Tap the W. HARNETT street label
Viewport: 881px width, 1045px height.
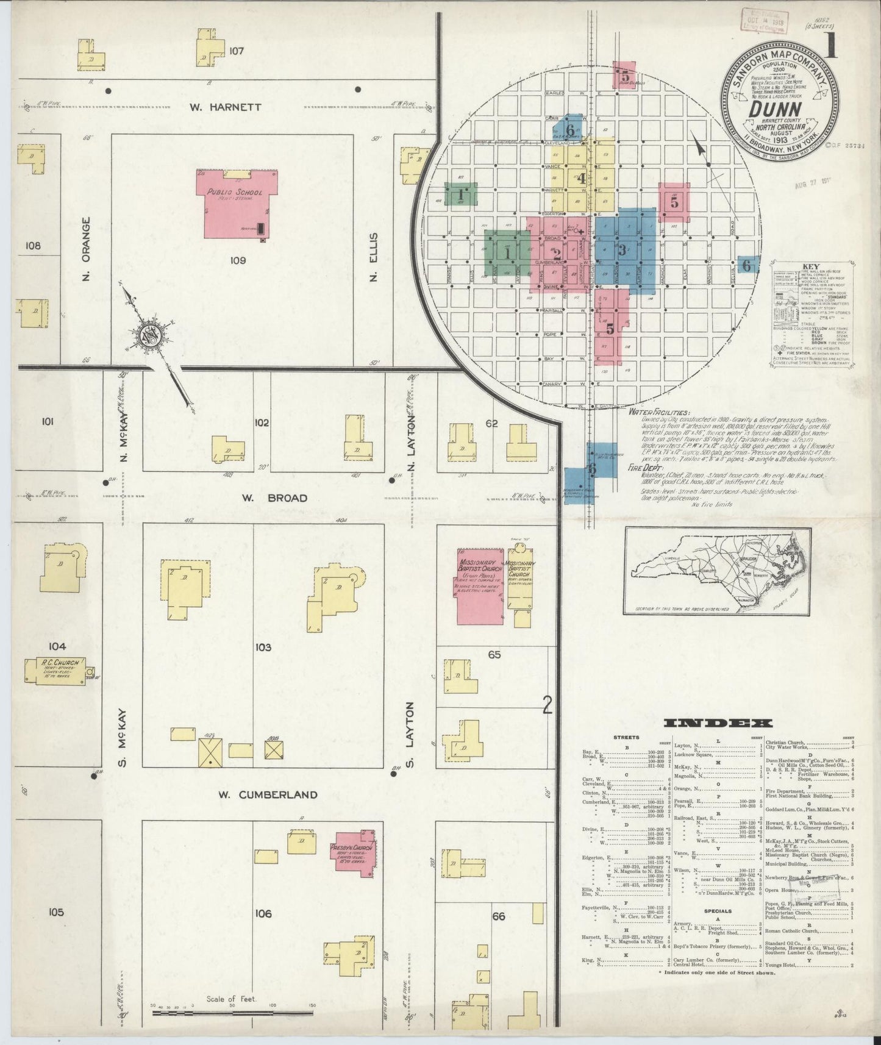(225, 107)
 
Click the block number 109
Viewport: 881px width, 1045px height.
(238, 260)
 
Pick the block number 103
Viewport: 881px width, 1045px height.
(263, 647)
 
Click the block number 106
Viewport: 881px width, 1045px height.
(263, 913)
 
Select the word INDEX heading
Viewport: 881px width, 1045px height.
(718, 723)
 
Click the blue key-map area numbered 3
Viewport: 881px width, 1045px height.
(622, 249)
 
